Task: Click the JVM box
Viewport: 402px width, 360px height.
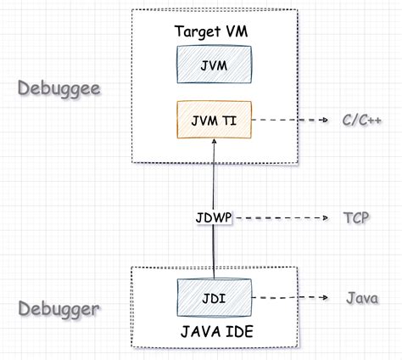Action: (214, 64)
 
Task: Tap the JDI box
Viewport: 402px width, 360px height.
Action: (214, 298)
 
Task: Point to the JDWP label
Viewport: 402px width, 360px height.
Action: (214, 218)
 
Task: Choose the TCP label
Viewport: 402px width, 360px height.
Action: (357, 218)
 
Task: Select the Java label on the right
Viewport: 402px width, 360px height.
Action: (363, 298)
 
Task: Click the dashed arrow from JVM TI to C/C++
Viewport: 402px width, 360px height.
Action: (288, 121)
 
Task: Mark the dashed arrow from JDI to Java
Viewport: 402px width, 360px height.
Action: (288, 298)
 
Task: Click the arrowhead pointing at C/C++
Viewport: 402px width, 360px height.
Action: (325, 121)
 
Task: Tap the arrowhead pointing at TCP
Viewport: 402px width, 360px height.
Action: (325, 218)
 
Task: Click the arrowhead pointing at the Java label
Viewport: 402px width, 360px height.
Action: (325, 298)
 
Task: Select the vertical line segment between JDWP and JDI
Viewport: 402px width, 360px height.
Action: (214, 250)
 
